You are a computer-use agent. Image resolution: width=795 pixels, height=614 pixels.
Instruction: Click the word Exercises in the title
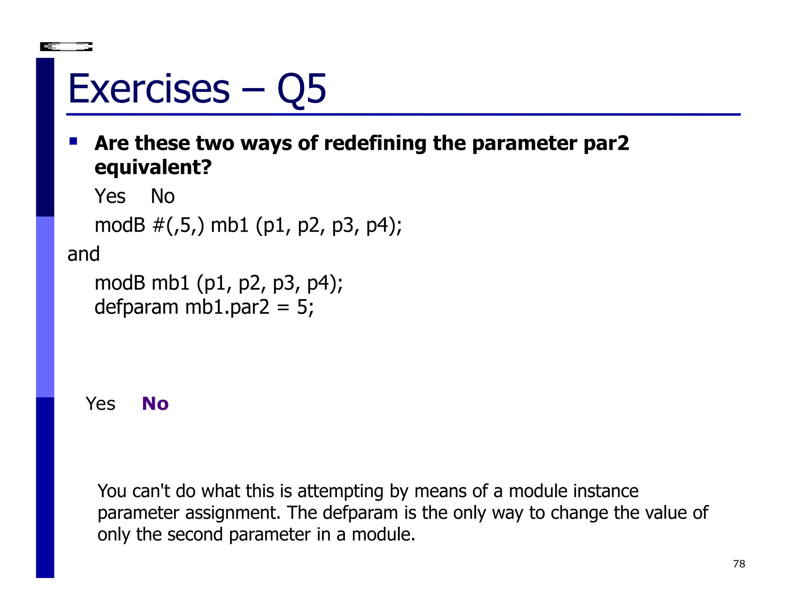[149, 89]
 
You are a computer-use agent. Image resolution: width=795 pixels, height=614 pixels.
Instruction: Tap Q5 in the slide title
[302, 90]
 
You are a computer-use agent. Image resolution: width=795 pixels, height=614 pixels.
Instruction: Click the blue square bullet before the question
[73, 141]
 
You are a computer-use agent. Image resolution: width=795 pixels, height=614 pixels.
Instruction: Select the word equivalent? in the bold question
[153, 168]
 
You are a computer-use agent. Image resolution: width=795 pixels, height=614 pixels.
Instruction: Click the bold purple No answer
[155, 404]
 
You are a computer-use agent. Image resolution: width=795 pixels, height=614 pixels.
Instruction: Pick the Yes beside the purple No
[101, 404]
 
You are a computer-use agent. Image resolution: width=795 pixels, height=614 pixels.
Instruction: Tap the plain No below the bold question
[163, 196]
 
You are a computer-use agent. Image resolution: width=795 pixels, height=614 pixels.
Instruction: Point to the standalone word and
[83, 254]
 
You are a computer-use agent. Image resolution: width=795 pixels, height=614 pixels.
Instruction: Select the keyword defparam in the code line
[136, 307]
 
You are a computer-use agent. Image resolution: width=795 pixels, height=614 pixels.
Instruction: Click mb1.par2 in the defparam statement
[227, 307]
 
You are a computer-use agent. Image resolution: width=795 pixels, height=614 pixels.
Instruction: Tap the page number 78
[739, 564]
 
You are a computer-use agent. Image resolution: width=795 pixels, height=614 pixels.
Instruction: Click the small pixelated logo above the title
[66, 47]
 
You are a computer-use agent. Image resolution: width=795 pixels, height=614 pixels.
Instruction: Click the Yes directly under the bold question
[110, 196]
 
